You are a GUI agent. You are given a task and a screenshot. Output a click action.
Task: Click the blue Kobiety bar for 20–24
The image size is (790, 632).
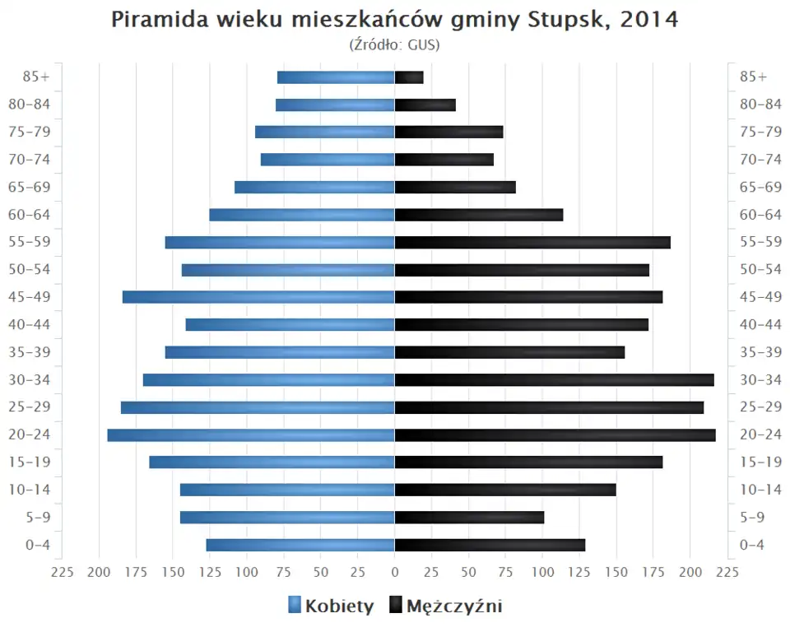pyautogui.click(x=251, y=434)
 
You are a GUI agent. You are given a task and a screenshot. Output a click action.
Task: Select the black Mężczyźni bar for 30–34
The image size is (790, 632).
pyautogui.click(x=554, y=379)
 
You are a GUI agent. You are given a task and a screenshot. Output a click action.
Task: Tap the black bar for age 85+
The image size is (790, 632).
pyautogui.click(x=409, y=77)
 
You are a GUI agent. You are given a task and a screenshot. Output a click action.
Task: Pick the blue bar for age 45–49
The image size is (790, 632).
pyautogui.click(x=258, y=297)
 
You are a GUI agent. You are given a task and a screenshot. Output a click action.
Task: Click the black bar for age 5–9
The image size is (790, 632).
pyautogui.click(x=469, y=517)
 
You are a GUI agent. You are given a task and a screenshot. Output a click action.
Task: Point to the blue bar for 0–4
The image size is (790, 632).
pyautogui.click(x=300, y=545)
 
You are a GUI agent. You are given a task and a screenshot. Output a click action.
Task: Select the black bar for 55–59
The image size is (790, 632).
pyautogui.click(x=532, y=242)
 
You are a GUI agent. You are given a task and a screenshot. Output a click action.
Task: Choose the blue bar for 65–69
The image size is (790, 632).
pyautogui.click(x=314, y=187)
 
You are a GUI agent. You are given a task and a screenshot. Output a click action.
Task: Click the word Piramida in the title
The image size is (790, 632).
pyautogui.click(x=156, y=21)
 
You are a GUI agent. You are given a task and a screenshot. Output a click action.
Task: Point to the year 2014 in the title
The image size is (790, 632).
pyautogui.click(x=649, y=21)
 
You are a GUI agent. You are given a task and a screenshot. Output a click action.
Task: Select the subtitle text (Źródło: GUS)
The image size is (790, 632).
pyautogui.click(x=395, y=44)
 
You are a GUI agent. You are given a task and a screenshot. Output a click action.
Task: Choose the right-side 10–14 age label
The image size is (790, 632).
pyautogui.click(x=760, y=490)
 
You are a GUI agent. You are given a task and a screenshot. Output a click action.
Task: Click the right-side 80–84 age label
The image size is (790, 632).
pyautogui.click(x=760, y=105)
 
